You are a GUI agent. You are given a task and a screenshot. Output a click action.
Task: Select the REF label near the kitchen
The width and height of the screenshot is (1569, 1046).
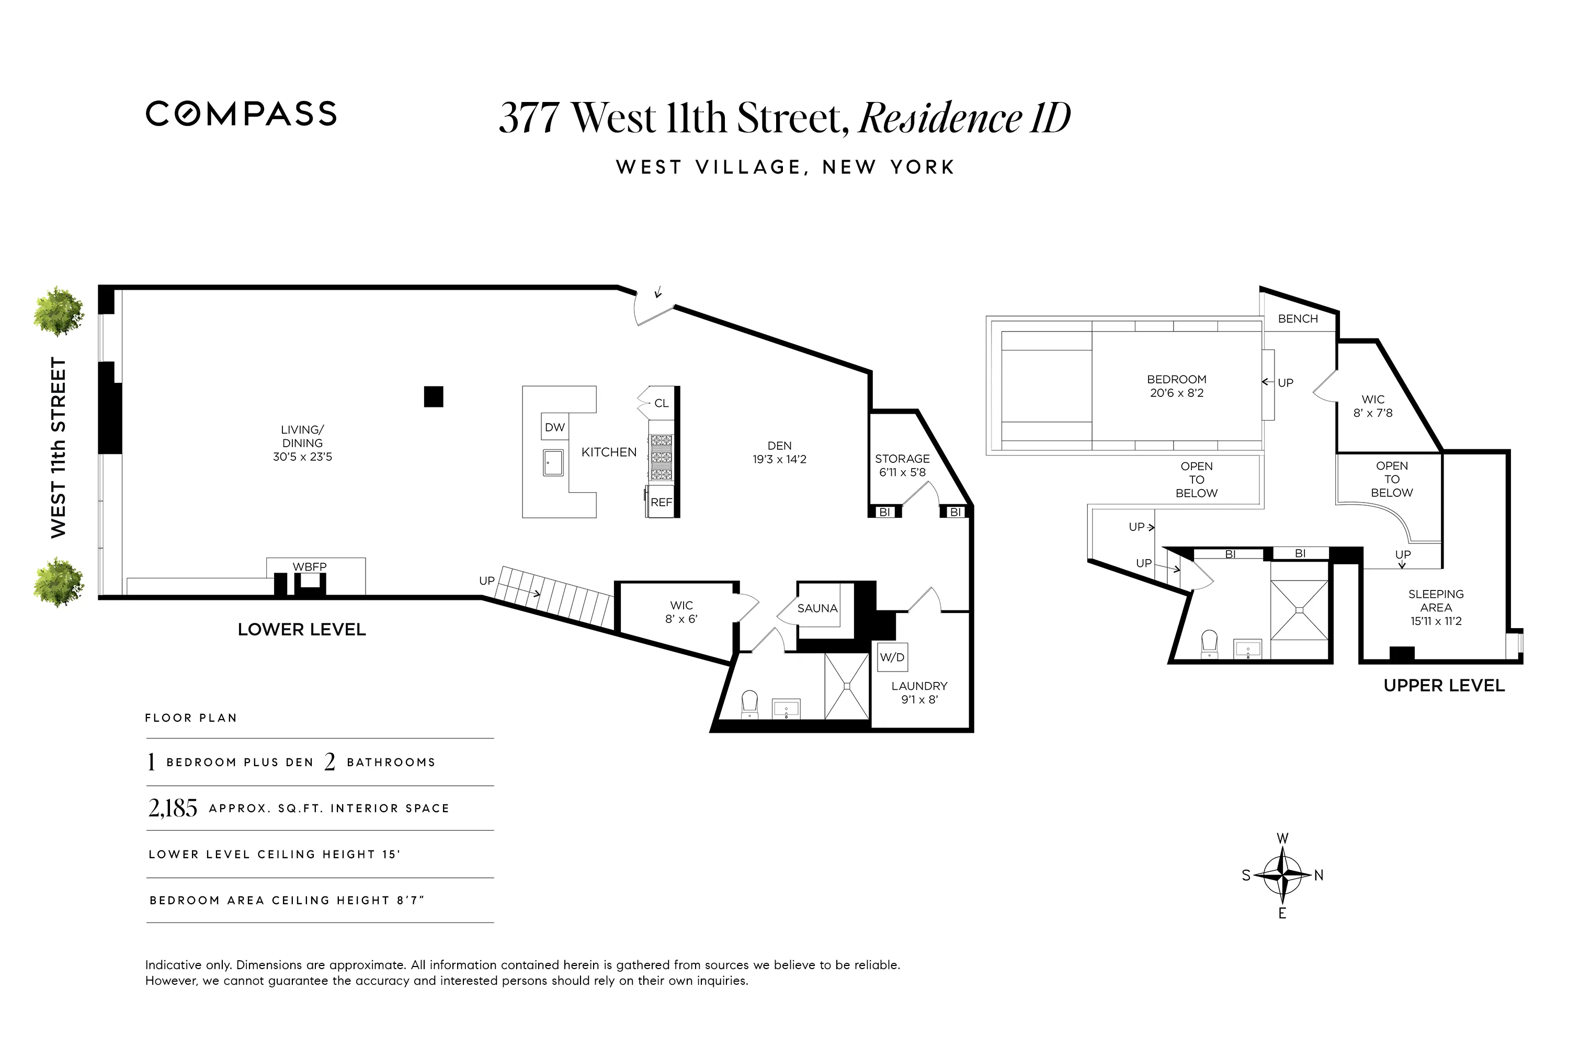[661, 502]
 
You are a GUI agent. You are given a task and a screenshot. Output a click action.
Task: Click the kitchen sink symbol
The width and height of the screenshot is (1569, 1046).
[553, 462]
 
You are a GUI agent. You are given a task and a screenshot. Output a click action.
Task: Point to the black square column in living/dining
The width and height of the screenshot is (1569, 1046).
[434, 396]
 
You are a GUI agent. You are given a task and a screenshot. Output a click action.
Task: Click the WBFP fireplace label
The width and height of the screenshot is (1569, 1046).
[310, 567]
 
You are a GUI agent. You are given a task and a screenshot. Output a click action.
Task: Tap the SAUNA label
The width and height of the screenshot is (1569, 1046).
[817, 608]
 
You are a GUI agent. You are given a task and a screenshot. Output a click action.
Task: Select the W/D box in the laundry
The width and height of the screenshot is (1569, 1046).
[892, 657]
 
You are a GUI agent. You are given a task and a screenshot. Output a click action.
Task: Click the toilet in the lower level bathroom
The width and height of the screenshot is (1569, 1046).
[750, 702]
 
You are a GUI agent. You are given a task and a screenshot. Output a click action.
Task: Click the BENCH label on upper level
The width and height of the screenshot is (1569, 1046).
[1298, 319]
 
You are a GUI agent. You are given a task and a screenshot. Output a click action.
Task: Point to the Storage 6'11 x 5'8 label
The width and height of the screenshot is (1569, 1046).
[902, 465]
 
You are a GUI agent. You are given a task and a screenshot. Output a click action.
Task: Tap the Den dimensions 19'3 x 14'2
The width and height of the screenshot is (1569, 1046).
[779, 460]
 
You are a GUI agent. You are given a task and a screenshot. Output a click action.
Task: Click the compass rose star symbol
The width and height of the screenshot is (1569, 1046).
[1282, 874]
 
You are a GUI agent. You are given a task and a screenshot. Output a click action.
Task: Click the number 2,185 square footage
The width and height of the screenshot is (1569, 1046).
[173, 808]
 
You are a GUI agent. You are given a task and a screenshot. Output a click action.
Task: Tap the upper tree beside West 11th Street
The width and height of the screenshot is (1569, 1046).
[59, 312]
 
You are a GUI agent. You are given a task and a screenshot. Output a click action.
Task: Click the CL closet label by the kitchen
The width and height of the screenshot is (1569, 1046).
[661, 403]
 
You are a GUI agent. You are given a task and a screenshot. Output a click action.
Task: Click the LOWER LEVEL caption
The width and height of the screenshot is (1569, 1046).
[302, 630]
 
